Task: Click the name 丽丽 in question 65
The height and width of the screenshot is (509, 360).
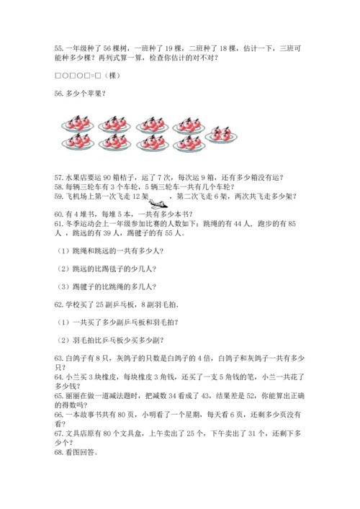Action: pyautogui.click(x=73, y=395)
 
